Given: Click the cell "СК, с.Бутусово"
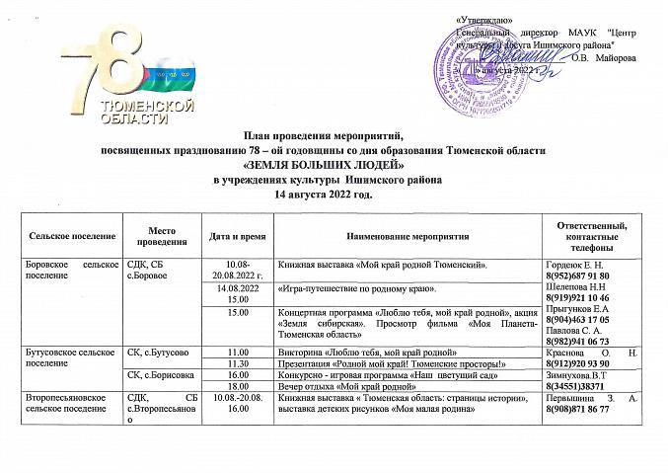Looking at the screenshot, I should pyautogui.click(x=160, y=353).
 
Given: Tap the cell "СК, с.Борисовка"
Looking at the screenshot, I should pyautogui.click(x=162, y=376).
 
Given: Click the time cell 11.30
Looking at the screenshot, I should pyautogui.click(x=237, y=364).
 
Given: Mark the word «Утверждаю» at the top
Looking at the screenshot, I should pyautogui.click(x=484, y=22).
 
